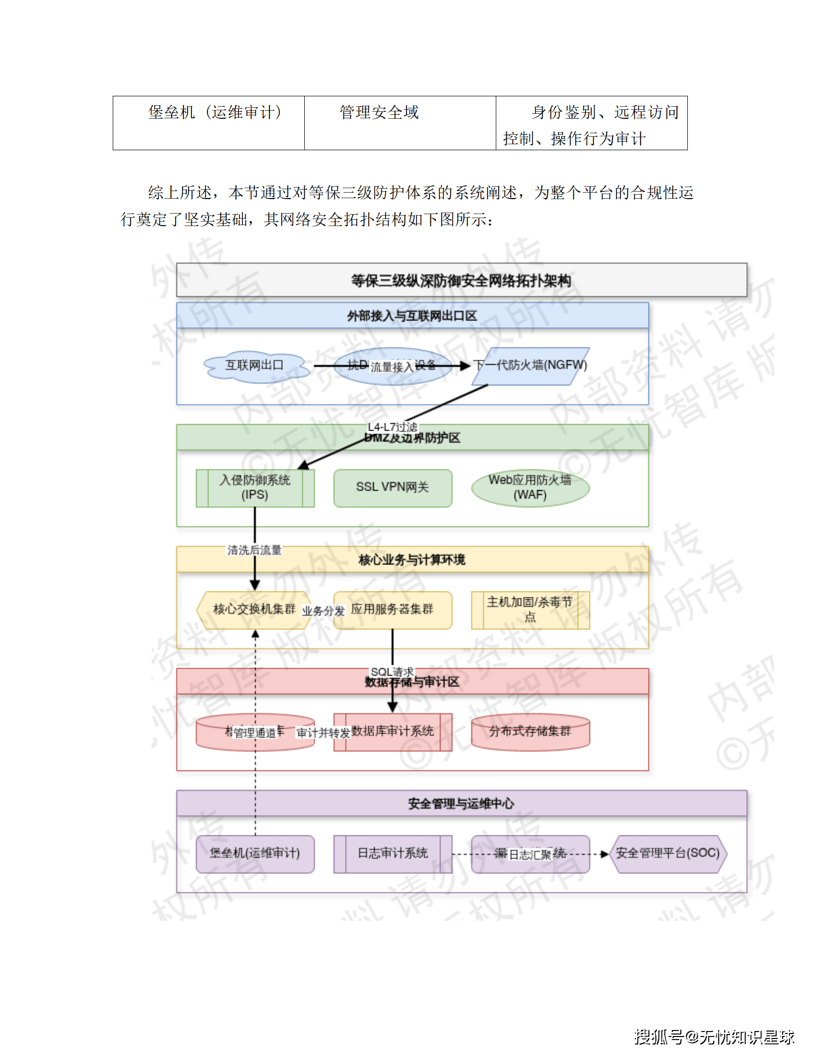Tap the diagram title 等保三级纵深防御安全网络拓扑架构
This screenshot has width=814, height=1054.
coord(461,280)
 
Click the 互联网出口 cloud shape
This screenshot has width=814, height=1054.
coord(254,365)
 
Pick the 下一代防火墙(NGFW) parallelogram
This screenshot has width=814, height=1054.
coord(531,366)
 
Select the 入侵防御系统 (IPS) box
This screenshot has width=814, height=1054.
coord(255,488)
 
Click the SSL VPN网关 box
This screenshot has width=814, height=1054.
coord(393,488)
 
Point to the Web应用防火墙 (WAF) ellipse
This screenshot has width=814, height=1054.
coord(530,488)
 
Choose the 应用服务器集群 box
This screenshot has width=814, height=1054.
coord(393,609)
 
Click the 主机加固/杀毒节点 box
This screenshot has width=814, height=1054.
coord(530,609)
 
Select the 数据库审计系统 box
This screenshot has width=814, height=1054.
coord(393,732)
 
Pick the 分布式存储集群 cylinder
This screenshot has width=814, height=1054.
coord(530,732)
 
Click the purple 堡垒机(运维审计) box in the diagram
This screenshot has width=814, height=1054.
coord(255,853)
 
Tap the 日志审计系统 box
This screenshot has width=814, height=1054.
coord(393,853)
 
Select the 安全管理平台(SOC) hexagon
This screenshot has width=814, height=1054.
coord(668,853)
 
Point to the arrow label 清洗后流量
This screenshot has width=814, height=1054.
coord(254,550)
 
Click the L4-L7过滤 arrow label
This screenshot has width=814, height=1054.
coord(392,427)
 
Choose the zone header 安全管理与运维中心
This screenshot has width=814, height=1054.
coord(461,803)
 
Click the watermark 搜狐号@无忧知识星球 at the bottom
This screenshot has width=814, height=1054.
coord(714,1037)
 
